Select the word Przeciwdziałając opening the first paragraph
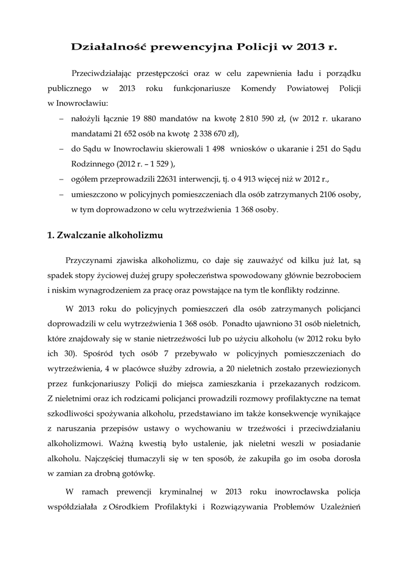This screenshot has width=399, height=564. pos(103,73)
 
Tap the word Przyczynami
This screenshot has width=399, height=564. pos(90,259)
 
